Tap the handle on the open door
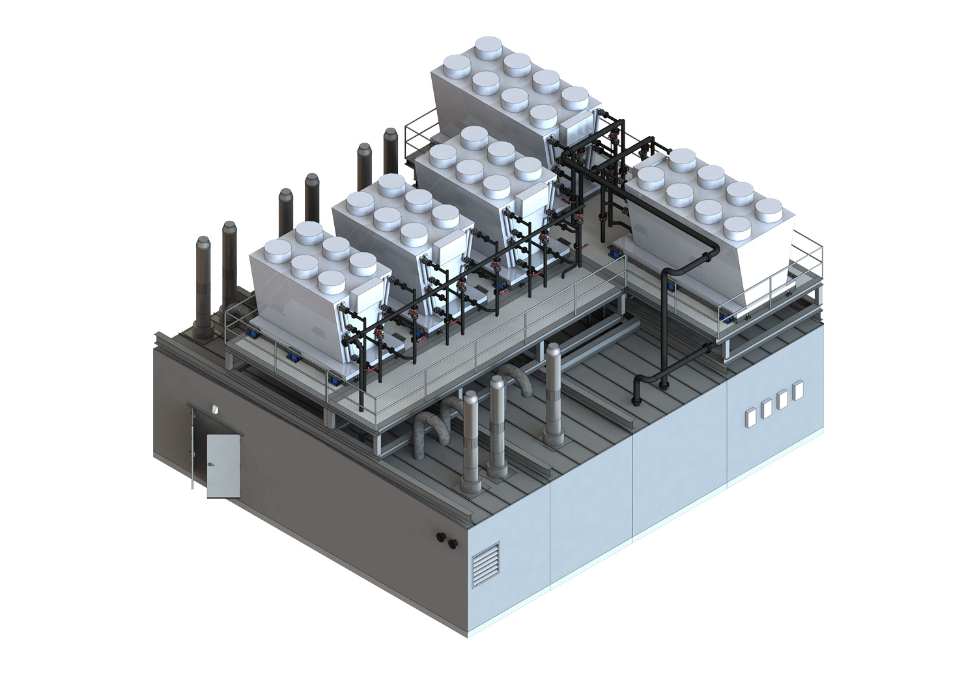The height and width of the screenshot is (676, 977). tap(210, 464)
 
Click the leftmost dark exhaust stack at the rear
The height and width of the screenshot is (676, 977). tap(201, 287)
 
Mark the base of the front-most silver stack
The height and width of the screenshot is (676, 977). tap(470, 485)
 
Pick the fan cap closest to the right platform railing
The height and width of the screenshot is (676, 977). tap(773, 212)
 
